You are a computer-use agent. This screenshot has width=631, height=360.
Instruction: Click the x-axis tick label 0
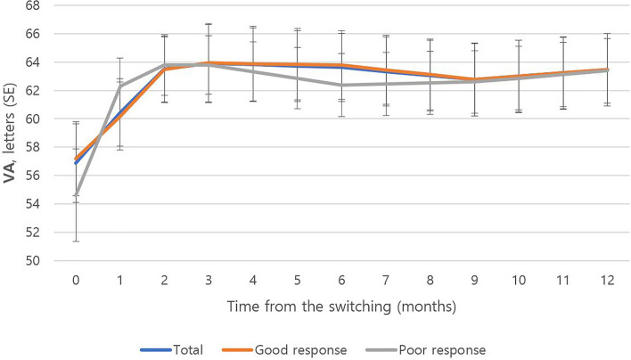coord(76,279)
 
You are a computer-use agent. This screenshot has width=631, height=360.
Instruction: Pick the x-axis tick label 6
coord(341,279)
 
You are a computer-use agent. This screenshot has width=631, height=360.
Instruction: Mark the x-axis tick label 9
coord(474,279)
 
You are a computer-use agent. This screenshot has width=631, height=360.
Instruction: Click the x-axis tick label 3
coord(209,279)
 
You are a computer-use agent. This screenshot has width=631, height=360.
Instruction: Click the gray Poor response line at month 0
coord(77,193)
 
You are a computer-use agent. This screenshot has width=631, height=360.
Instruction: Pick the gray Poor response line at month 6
coord(341,85)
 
